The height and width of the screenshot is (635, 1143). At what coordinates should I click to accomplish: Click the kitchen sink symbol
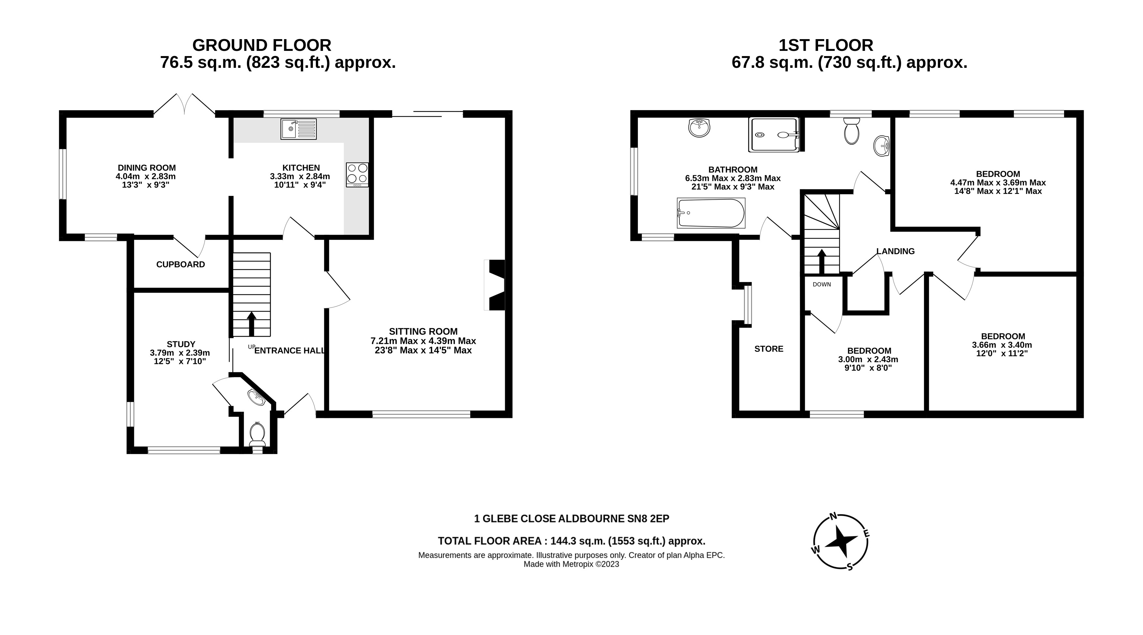click(298, 129)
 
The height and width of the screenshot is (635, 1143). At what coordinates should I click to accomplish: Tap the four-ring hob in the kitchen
click(357, 174)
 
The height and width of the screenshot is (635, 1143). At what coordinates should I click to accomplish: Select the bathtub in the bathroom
click(711, 213)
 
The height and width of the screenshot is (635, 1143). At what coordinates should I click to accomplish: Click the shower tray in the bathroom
click(774, 134)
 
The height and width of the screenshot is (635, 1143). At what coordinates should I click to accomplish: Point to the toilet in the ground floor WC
click(257, 434)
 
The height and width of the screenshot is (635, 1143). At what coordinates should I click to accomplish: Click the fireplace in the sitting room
click(496, 285)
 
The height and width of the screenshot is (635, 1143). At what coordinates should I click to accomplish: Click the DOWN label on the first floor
click(822, 285)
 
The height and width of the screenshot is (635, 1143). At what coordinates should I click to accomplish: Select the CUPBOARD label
click(181, 264)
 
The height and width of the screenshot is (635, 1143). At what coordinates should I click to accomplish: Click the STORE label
click(769, 349)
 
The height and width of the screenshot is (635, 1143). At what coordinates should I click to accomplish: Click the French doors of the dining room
click(184, 105)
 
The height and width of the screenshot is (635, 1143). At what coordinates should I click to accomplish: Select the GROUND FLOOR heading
click(262, 45)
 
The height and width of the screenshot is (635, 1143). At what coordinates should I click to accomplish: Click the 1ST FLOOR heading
click(826, 45)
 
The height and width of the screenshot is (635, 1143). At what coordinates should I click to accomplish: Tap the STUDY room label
click(181, 344)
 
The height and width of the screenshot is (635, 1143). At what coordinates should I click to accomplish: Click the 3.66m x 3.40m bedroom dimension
click(1002, 345)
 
